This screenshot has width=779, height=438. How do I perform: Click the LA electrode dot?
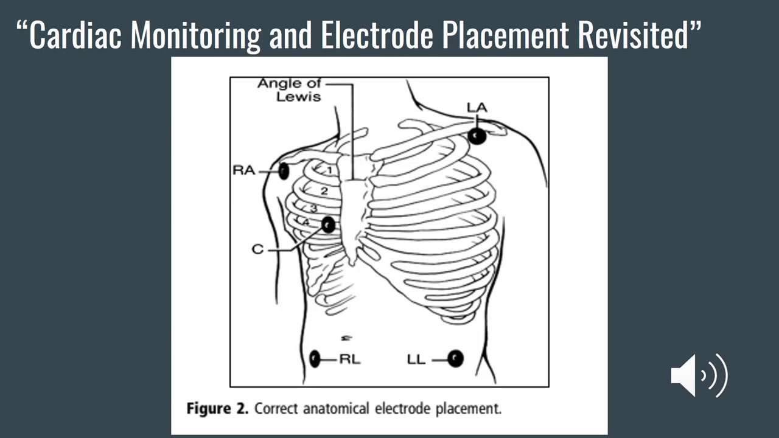[477, 136]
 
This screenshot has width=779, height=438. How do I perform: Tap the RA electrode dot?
[284, 171]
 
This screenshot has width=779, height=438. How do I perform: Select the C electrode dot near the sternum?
[328, 225]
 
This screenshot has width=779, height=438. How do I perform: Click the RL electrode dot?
[315, 359]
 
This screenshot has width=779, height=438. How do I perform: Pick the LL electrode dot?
[455, 359]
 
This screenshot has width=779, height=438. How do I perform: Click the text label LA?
[477, 108]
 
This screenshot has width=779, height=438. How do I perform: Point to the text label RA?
[243, 171]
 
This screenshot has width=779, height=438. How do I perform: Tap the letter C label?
[257, 249]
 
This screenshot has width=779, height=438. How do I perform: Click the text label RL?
[349, 360]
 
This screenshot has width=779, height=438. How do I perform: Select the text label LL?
[416, 360]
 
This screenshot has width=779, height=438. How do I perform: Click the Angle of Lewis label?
[289, 89]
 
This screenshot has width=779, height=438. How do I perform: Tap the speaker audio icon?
[699, 375]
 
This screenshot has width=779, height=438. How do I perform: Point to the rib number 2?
[324, 191]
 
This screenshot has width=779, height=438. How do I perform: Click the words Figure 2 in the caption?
[217, 408]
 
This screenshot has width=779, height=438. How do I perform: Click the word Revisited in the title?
[633, 35]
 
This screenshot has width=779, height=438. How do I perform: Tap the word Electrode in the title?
[377, 35]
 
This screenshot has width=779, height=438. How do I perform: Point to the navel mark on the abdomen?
[346, 337]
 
